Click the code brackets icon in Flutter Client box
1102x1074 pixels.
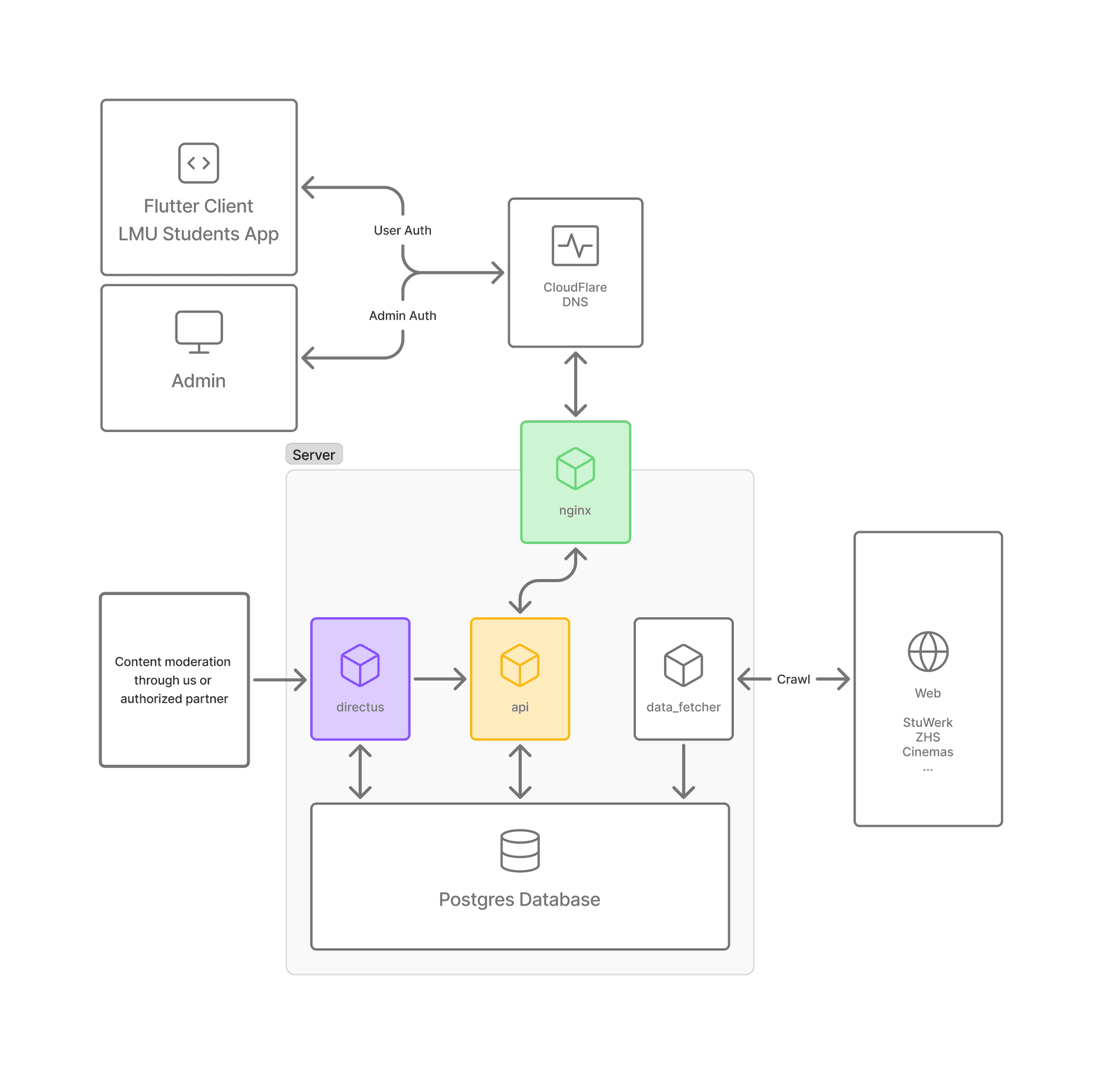[199, 163]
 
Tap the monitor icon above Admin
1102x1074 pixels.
[199, 331]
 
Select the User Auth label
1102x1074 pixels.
[402, 230]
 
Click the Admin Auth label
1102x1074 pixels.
[402, 316]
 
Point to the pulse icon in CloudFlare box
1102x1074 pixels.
[575, 245]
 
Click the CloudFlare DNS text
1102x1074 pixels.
[575, 294]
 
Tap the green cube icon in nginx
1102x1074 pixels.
[575, 469]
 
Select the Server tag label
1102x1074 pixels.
[314, 455]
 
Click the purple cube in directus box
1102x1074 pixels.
[360, 665]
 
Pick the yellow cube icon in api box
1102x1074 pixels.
[519, 665]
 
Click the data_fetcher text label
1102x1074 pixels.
[683, 707]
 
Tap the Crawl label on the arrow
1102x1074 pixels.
[793, 679]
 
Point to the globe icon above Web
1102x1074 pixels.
[928, 652]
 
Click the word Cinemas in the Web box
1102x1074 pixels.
[927, 752]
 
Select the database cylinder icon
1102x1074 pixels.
[519, 851]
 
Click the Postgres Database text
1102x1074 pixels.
[519, 899]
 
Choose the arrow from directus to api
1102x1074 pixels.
[440, 679]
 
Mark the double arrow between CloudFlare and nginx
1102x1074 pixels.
[575, 384]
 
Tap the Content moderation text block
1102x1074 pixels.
[173, 680]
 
